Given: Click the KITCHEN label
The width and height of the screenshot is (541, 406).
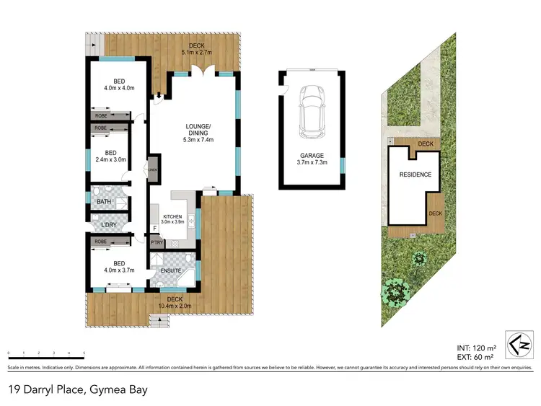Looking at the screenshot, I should coord(172,217).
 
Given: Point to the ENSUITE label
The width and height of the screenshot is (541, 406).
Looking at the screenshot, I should coord(170,270).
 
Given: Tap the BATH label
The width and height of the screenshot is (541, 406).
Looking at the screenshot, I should coord(105,201).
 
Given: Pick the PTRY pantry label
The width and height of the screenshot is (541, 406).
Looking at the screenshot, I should coord(157,243).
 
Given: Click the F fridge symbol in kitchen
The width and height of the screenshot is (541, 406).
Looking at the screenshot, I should coord(154,229).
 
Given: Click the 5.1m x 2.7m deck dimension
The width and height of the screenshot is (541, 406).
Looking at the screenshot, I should coord(196,52).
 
